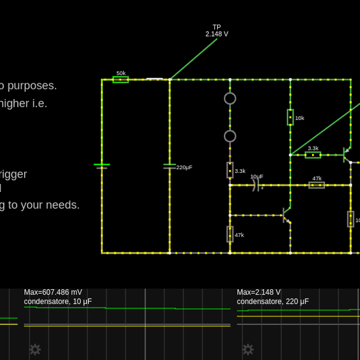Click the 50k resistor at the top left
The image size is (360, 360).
121,79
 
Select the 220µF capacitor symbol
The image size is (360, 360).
170,166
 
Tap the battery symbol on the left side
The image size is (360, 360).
101,166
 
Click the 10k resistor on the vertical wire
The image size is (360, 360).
290,117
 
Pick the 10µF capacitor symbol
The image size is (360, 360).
256,185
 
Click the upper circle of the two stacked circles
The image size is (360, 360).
230,98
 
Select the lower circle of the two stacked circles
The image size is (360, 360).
230,136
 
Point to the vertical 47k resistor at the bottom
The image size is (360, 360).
230,234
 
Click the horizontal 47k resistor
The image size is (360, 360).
317,185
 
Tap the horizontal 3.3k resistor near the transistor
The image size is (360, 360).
313,155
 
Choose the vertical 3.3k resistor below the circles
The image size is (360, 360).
230,170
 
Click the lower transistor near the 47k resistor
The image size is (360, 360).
286,215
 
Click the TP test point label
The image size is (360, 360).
217,27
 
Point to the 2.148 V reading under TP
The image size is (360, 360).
217,34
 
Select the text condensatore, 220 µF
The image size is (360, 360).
273,302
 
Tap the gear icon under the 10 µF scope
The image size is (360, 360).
35,349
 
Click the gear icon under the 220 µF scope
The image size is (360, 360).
248,349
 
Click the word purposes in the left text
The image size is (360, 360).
32,86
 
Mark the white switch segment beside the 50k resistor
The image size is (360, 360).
155,79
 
